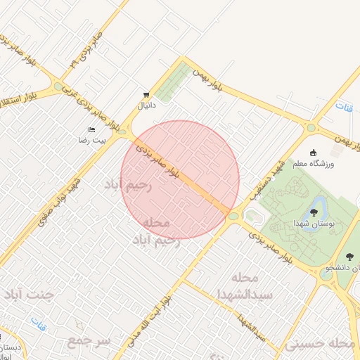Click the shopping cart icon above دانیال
point(146,94)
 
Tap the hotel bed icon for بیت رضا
point(91,130)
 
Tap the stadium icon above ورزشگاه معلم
point(314,152)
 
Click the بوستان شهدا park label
point(313,223)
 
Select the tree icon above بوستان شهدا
point(313,212)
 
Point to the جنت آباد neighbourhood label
point(29,293)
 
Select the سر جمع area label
point(89,340)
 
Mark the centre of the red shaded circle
point(180,179)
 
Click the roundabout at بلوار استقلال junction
point(58,87)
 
